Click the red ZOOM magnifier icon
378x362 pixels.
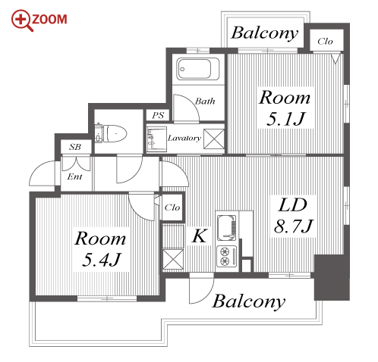tap(22, 20)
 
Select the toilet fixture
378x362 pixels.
tap(111, 133)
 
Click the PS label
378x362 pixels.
tap(158, 116)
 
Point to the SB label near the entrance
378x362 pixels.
tap(75, 147)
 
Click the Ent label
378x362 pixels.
tap(74, 176)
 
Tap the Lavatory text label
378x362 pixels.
tap(184, 138)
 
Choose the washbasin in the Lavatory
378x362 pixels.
tap(156, 139)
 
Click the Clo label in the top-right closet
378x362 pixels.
tap(325, 41)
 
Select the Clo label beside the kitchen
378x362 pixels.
tap(172, 208)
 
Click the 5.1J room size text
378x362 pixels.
tap(285, 119)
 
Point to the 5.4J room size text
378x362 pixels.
tap(102, 259)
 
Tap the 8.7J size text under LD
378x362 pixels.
tap(294, 226)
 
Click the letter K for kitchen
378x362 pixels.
tap(200, 236)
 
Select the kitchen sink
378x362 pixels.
tap(227, 228)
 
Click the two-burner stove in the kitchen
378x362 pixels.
tap(227, 256)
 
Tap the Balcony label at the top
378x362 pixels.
tap(265, 33)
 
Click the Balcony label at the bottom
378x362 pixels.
tap(249, 301)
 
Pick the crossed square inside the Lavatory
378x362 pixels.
tap(214, 139)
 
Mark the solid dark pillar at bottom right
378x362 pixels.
tap(332, 277)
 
